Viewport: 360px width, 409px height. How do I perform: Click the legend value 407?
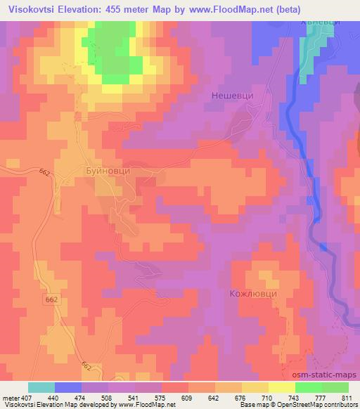coord(24,398)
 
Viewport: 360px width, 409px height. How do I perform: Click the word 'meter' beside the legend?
coord(9,398)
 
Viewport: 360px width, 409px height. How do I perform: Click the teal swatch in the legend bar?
coord(41,387)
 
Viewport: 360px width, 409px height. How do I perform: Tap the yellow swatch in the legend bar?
coord(281,387)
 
